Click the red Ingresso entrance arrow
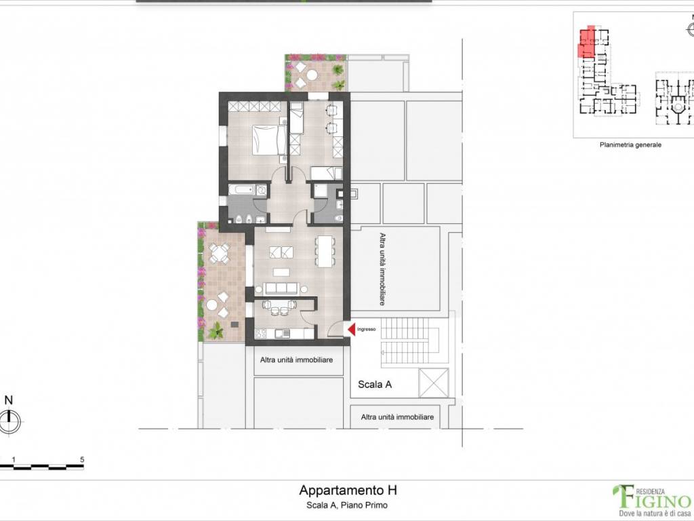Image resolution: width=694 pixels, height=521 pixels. coord(352,330)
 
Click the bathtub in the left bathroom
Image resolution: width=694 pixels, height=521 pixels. coord(241,191)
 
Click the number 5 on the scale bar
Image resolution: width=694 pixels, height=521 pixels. coord(82,459)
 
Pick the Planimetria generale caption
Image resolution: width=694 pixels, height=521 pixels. coord(630,144)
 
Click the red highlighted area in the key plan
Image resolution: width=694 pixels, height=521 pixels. coord(586,42)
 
